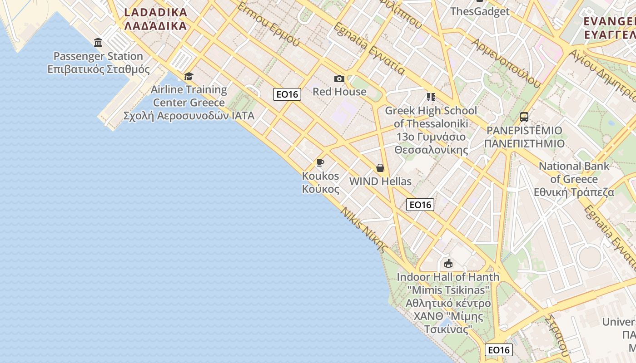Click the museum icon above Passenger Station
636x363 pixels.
click(98, 43)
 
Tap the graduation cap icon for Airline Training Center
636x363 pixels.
click(189, 76)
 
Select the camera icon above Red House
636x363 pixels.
click(339, 79)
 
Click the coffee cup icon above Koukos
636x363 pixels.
click(320, 162)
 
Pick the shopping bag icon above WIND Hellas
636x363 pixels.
click(380, 168)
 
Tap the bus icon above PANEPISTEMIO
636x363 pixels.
click(524, 117)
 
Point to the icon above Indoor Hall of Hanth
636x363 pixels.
click(448, 263)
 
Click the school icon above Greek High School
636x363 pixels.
click(431, 97)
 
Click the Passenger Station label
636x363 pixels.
click(98, 56)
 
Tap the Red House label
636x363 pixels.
click(339, 92)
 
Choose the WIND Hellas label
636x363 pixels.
click(380, 181)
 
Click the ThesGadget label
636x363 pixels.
click(480, 11)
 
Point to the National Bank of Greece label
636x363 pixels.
click(574, 172)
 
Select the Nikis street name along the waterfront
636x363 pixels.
click(364, 230)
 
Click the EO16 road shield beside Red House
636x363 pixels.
click(287, 94)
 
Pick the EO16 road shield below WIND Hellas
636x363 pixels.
click(420, 205)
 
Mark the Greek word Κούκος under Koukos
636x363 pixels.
click(320, 189)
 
